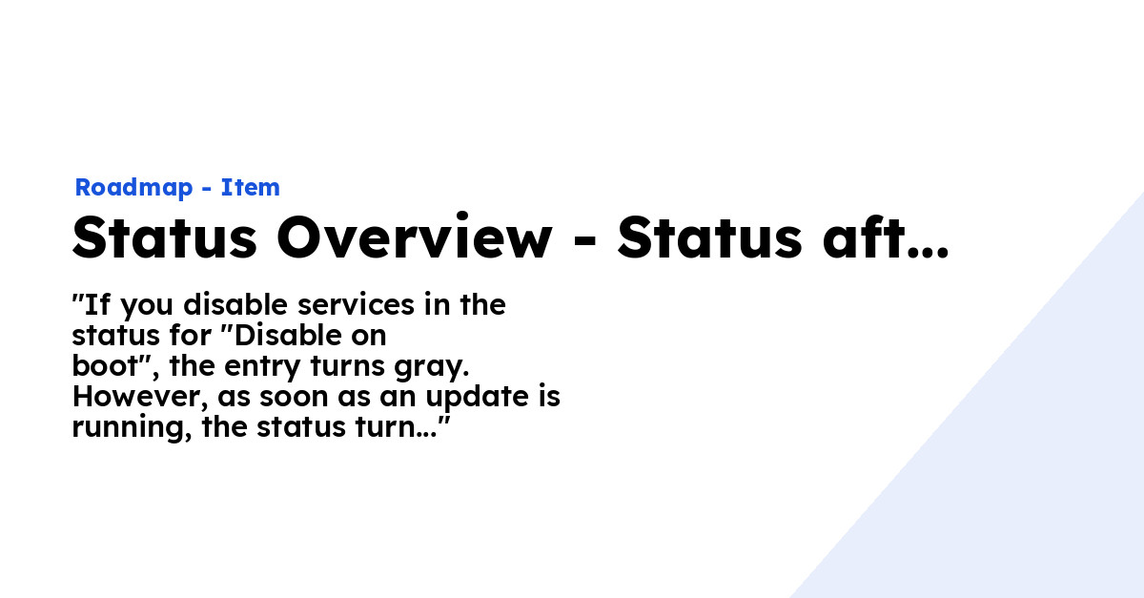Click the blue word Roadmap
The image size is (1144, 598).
[133, 188]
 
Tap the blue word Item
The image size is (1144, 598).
[250, 187]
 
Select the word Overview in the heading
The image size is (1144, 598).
[415, 237]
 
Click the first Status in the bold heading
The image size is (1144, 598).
[164, 237]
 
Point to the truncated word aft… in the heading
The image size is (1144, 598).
[886, 237]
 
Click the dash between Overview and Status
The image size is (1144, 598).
[585, 240]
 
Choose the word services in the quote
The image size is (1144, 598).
[356, 305]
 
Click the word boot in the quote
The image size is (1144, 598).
[105, 366]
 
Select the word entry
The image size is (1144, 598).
[262, 368]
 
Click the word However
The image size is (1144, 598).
[140, 397]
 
